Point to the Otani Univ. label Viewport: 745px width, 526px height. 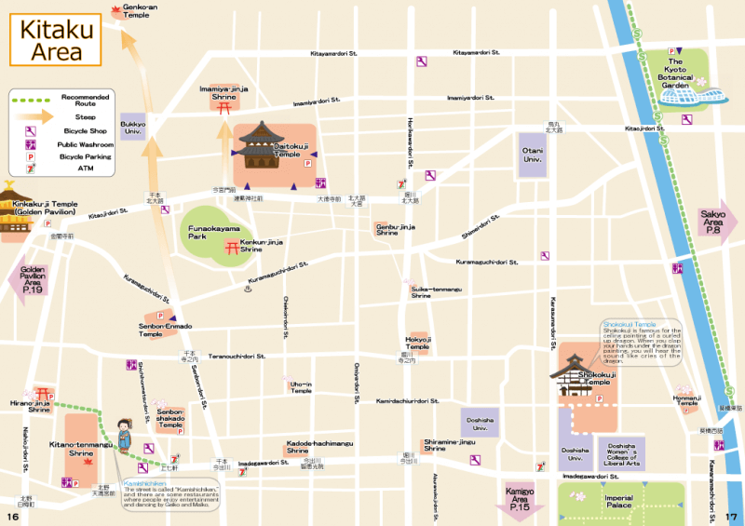click(x=532, y=155)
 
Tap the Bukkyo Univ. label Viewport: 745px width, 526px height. click(x=132, y=127)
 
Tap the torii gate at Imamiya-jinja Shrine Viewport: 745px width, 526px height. click(x=223, y=108)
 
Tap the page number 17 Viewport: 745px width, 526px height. click(x=731, y=517)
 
